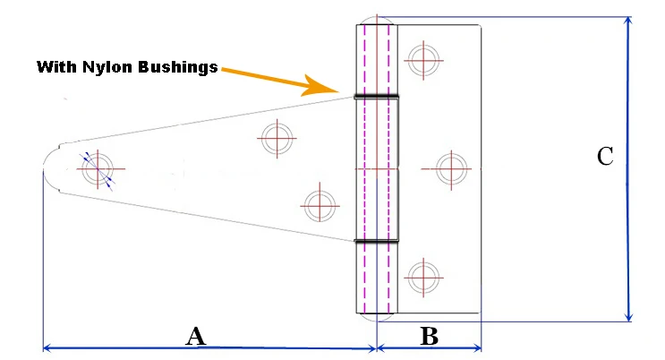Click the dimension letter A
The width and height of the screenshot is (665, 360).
pyautogui.click(x=196, y=337)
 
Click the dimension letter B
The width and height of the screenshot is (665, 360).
pyautogui.click(x=429, y=337)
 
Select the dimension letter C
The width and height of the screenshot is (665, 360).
pyautogui.click(x=605, y=157)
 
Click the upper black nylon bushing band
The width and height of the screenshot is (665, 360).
pyautogui.click(x=376, y=96)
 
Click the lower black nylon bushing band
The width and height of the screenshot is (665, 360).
pyautogui.click(x=376, y=241)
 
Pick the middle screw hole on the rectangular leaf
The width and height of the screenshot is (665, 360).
pyautogui.click(x=450, y=167)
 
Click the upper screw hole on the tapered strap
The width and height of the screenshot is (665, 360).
pyautogui.click(x=277, y=138)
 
